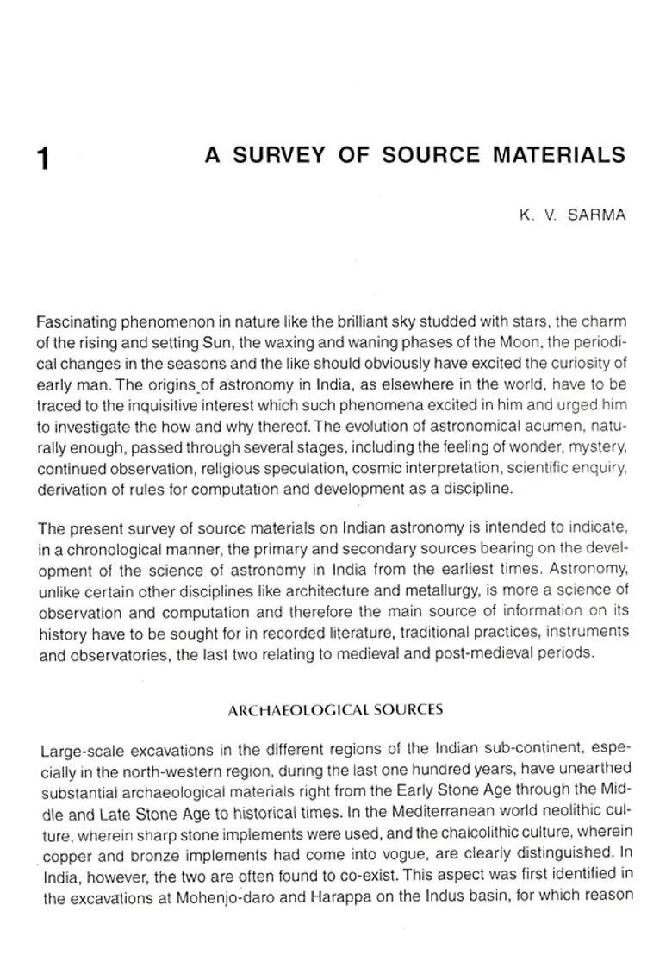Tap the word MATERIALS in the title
(x=559, y=155)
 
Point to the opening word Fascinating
(x=82, y=322)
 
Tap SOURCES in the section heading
(x=413, y=710)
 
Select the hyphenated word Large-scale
(x=78, y=749)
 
